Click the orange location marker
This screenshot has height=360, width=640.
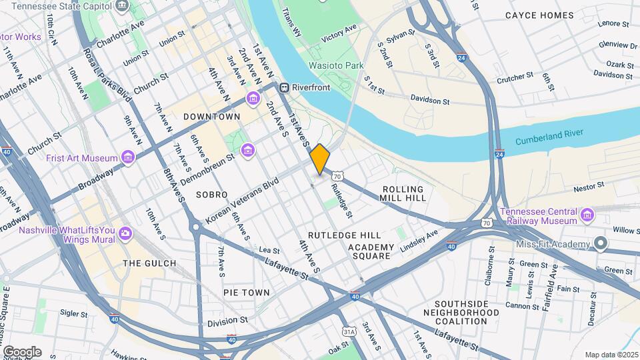(320, 159)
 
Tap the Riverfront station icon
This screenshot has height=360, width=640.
(284, 87)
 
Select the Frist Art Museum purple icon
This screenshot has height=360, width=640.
(127, 157)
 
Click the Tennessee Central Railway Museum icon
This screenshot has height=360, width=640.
(587, 214)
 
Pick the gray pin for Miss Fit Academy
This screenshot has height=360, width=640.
(601, 244)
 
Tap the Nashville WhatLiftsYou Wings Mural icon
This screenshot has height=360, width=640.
(125, 234)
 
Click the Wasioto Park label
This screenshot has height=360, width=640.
(336, 65)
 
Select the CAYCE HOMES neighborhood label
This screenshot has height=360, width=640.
(539, 15)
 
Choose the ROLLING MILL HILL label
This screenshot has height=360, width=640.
(402, 193)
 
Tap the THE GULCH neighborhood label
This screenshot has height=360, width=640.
(149, 263)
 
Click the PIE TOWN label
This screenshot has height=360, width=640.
(247, 293)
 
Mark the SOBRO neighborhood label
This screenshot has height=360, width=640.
(212, 195)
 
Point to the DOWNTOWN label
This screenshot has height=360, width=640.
(211, 117)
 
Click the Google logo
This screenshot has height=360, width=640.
(22, 351)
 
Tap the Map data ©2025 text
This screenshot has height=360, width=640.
(610, 355)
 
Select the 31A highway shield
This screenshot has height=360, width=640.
(349, 331)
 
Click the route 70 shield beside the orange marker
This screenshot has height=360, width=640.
(338, 176)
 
